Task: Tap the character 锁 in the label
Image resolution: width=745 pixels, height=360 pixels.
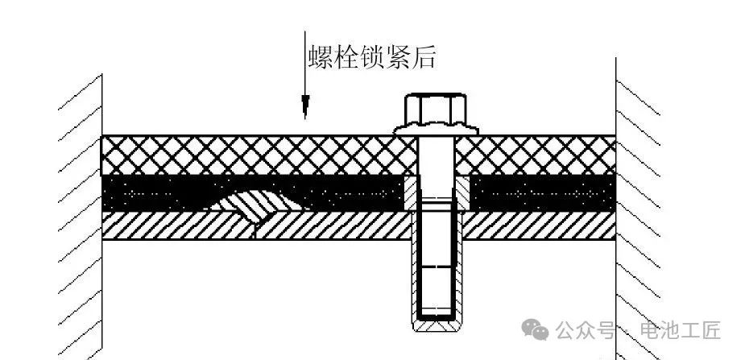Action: (x=372, y=57)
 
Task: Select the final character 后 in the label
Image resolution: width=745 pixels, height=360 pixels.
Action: (x=423, y=57)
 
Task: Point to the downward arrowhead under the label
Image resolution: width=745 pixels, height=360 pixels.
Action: (x=305, y=107)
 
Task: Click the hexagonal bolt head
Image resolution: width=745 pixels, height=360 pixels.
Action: (x=435, y=110)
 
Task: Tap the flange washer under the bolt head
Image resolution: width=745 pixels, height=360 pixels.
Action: (x=436, y=129)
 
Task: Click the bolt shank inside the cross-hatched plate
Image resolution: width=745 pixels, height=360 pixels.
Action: (x=436, y=155)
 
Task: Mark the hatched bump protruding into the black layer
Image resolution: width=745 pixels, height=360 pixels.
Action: (x=257, y=205)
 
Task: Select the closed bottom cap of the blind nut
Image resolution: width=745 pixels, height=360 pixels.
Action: (x=436, y=325)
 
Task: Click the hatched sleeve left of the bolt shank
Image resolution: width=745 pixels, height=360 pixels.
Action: (x=411, y=192)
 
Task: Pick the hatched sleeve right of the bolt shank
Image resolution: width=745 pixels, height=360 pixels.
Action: (x=462, y=192)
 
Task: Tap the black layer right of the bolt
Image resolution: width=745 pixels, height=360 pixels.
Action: (x=543, y=192)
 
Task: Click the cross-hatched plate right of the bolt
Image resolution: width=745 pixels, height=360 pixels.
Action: (x=536, y=155)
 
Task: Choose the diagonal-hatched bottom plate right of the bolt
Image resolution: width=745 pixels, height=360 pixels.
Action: (x=540, y=226)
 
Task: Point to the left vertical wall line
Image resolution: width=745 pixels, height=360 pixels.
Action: (x=102, y=216)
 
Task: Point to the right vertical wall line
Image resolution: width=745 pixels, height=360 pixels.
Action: (x=616, y=209)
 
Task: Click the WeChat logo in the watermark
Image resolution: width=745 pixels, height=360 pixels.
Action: (x=535, y=329)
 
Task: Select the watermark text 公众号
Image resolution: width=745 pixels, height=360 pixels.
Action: (x=585, y=330)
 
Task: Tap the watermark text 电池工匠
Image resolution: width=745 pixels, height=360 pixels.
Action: (x=681, y=330)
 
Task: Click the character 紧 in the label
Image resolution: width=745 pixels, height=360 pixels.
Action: (x=398, y=57)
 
